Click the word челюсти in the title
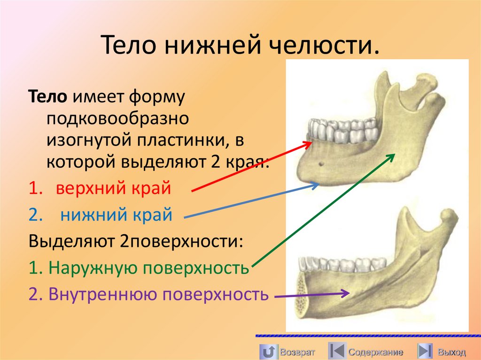pos(328,47)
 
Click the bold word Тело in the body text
pos(50,97)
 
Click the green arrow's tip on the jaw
pos(394,155)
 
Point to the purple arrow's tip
pos(349,294)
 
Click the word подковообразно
pos(117,118)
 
